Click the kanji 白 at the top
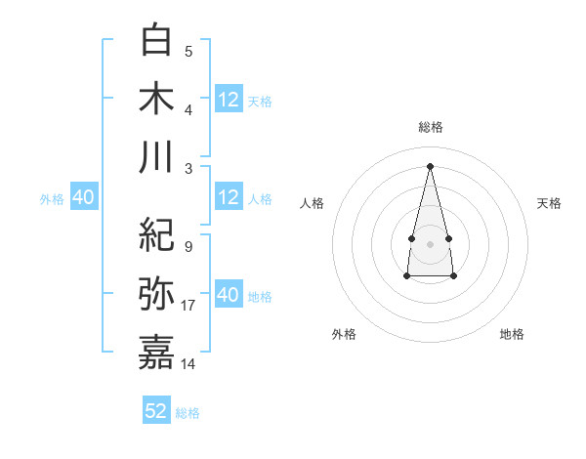157,42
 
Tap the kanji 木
157,100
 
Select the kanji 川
157,157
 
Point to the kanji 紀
157,234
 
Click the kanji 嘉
157,353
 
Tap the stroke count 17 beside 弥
188,306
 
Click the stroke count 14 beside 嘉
188,363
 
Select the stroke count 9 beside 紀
188,246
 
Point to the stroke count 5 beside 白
188,52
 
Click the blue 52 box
156,411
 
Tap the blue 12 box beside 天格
229,100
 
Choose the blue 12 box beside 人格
229,197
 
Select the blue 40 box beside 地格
229,295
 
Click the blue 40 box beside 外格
84,197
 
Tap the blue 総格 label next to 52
188,413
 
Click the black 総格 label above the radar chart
430,127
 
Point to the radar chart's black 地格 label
512,334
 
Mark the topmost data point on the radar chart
430,165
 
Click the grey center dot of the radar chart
430,242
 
